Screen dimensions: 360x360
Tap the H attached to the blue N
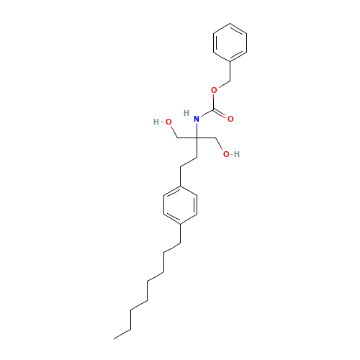(x=187, y=113)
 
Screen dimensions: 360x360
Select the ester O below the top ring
(x=214, y=91)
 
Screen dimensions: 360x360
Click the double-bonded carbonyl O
(x=230, y=118)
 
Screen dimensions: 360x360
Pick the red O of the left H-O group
(x=168, y=122)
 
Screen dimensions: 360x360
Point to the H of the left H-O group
(x=156, y=122)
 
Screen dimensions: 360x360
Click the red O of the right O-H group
(x=225, y=154)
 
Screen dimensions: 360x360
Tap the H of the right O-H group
(x=237, y=154)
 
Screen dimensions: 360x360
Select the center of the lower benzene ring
(x=180, y=205)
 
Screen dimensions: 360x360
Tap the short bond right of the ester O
(x=224, y=84)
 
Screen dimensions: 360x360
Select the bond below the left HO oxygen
(x=174, y=132)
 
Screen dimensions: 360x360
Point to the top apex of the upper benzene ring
(x=230, y=24)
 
